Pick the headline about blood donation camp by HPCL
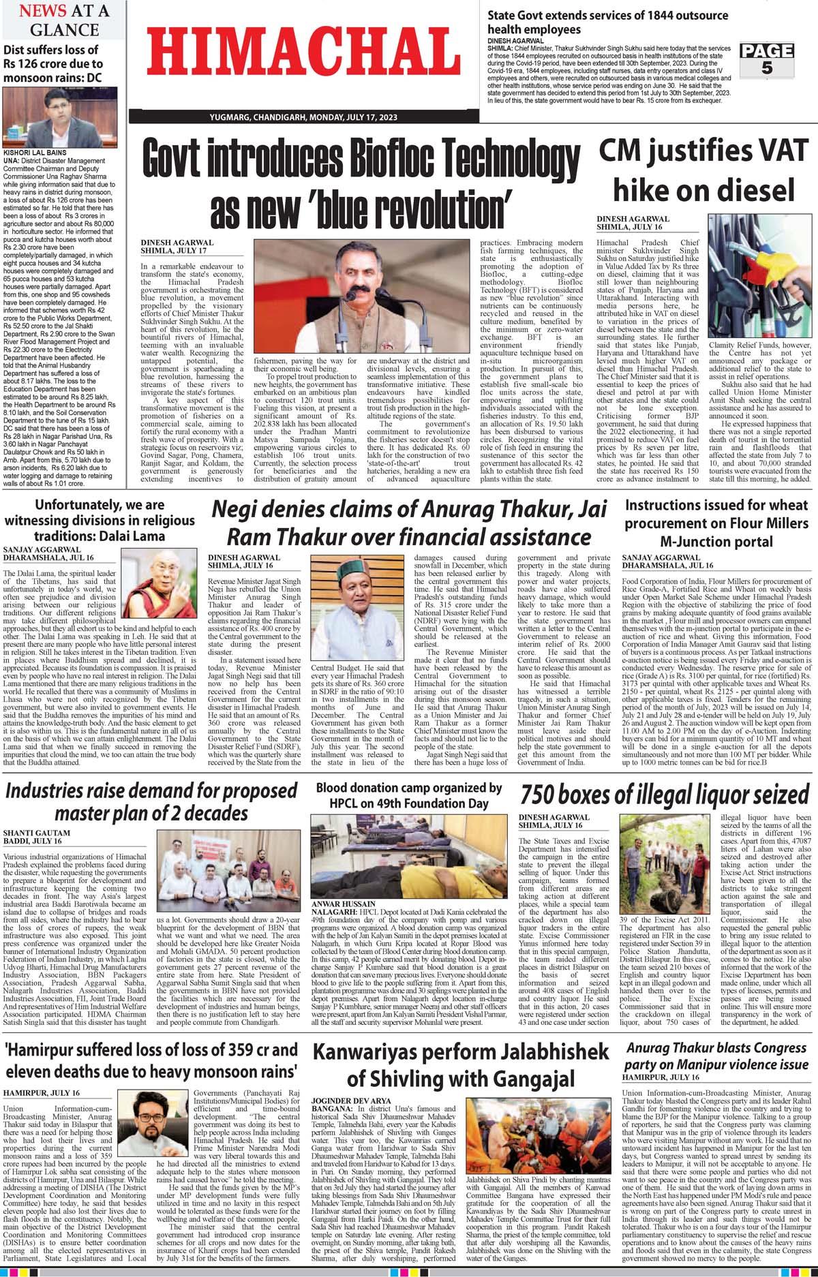(x=408, y=795)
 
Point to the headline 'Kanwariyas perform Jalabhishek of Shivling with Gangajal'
(x=460, y=1066)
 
